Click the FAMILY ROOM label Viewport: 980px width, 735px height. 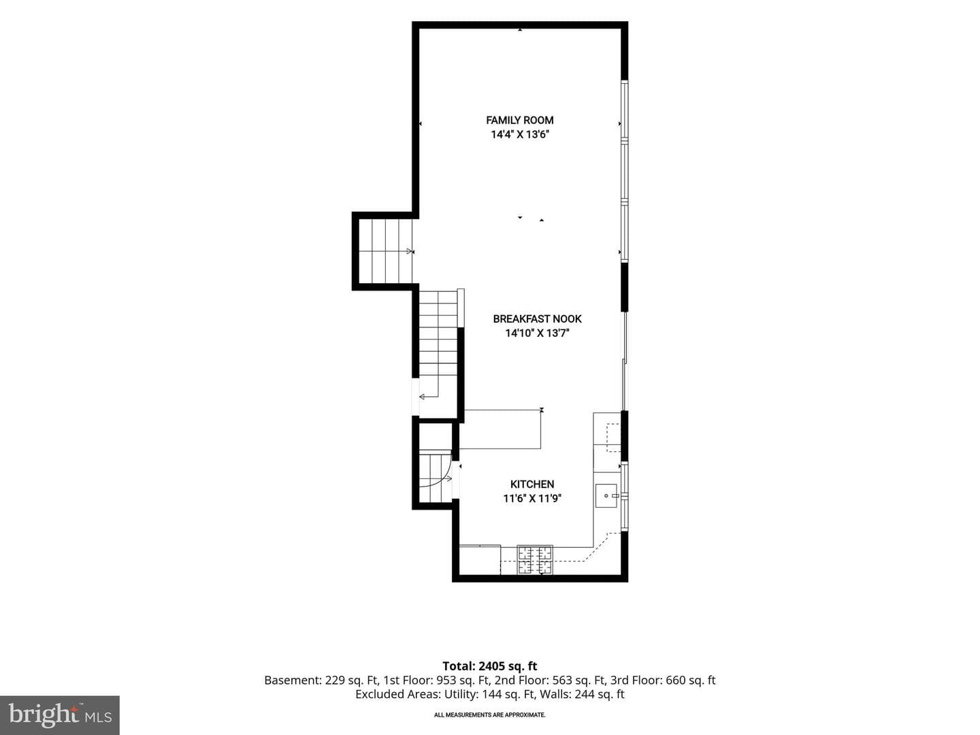click(x=520, y=120)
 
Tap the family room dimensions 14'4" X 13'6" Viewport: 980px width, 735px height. click(x=520, y=134)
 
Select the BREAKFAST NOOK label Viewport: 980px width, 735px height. click(x=537, y=318)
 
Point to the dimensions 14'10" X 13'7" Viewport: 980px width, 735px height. click(x=537, y=333)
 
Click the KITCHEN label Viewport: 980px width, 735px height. click(x=532, y=484)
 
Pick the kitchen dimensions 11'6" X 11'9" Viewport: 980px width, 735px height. click(x=532, y=498)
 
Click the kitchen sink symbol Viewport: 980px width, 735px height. click(x=606, y=495)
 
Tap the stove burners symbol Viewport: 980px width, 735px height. click(x=535, y=559)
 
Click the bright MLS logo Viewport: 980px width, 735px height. click(x=60, y=715)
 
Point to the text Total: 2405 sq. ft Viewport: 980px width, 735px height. click(x=490, y=666)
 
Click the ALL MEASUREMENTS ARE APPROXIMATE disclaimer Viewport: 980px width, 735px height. click(x=490, y=715)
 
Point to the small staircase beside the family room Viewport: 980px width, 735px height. click(x=385, y=251)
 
